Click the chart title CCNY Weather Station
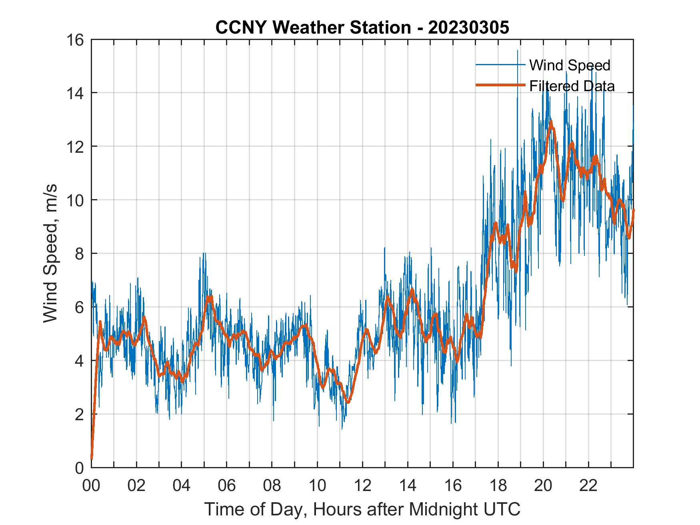coord(313,28)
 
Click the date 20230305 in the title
coord(468,28)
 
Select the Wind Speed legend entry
coord(570,65)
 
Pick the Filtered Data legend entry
coord(572,86)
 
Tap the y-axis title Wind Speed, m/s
coord(50,253)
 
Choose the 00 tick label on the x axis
coord(91,486)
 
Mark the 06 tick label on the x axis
coord(227,486)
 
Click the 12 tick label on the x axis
coord(362,486)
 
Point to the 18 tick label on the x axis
coord(498,486)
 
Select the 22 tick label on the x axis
coord(588,486)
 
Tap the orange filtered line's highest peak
coord(551,122)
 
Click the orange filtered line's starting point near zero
coord(92,458)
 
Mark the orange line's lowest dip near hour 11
coord(348,402)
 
